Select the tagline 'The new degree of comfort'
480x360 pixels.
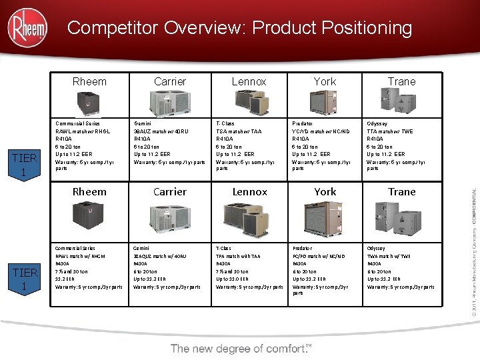coord(241,348)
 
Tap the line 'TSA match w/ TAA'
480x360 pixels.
coord(239,131)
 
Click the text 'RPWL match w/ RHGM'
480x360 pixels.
coord(81,255)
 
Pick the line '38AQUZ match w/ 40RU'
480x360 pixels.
coord(161,255)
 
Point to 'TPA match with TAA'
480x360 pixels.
coord(238,255)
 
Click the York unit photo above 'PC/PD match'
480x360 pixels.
coord(325,217)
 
